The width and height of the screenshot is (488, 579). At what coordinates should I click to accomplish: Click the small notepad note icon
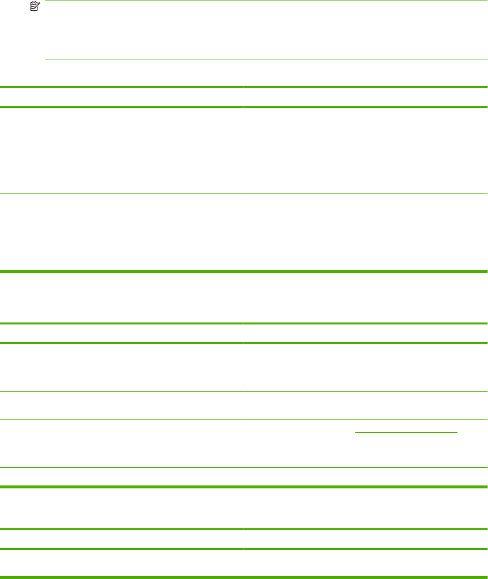click(33, 6)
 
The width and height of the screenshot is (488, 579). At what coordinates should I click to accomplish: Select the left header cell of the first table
click(122, 97)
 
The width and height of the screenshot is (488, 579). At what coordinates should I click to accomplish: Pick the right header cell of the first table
click(365, 97)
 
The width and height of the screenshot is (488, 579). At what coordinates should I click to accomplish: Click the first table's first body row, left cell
click(122, 150)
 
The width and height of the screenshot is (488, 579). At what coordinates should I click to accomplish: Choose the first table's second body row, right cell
click(365, 231)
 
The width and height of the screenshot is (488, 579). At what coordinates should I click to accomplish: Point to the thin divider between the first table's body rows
click(244, 193)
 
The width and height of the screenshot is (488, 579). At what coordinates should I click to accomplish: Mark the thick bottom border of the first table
click(244, 271)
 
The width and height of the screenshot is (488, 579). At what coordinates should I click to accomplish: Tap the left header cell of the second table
click(122, 333)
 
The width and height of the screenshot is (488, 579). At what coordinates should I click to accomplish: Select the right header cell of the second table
click(365, 333)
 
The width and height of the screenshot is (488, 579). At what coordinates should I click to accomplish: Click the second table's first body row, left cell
click(122, 367)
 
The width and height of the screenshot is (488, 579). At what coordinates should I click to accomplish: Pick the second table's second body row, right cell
click(365, 405)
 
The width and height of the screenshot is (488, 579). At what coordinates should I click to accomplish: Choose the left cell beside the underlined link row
click(122, 443)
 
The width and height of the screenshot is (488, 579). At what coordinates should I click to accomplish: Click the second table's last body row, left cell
click(122, 477)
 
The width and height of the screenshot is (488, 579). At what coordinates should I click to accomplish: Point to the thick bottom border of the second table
click(244, 487)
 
